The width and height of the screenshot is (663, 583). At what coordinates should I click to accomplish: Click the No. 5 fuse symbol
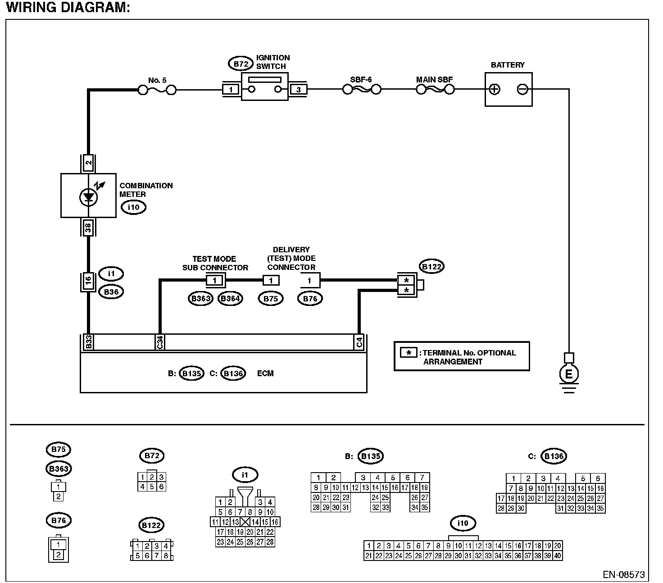tap(157, 91)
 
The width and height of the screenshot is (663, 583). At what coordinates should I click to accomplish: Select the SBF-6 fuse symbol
tap(362, 90)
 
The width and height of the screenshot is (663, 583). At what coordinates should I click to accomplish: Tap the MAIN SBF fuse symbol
tap(435, 90)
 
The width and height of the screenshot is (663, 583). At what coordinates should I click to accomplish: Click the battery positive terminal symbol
tap(495, 89)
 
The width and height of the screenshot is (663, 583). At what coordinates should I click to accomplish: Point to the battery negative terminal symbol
tap(522, 89)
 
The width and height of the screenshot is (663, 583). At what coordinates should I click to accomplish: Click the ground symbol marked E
tap(569, 374)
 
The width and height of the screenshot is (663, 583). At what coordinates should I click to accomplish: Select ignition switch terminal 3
tap(298, 90)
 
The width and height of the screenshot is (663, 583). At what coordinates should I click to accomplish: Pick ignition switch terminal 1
tap(231, 90)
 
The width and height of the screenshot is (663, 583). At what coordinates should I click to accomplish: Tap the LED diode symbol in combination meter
tap(88, 196)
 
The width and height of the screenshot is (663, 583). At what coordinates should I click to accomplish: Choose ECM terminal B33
tap(88, 342)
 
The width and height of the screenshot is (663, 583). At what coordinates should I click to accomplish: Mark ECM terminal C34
tap(159, 342)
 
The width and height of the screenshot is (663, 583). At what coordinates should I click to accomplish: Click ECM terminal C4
tap(359, 342)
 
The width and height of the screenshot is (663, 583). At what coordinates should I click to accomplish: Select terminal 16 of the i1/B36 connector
tap(88, 282)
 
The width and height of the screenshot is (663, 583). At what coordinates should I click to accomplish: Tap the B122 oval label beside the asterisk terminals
tap(431, 267)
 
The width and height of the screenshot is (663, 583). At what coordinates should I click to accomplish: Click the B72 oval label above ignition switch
tap(241, 64)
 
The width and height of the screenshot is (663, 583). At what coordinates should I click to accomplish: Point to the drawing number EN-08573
tap(623, 575)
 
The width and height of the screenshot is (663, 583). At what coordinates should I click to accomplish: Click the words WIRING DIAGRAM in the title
tap(68, 8)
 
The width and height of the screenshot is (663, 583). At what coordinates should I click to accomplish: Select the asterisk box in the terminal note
tap(409, 352)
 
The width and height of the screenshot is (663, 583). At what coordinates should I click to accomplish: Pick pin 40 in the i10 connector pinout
tap(558, 556)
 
